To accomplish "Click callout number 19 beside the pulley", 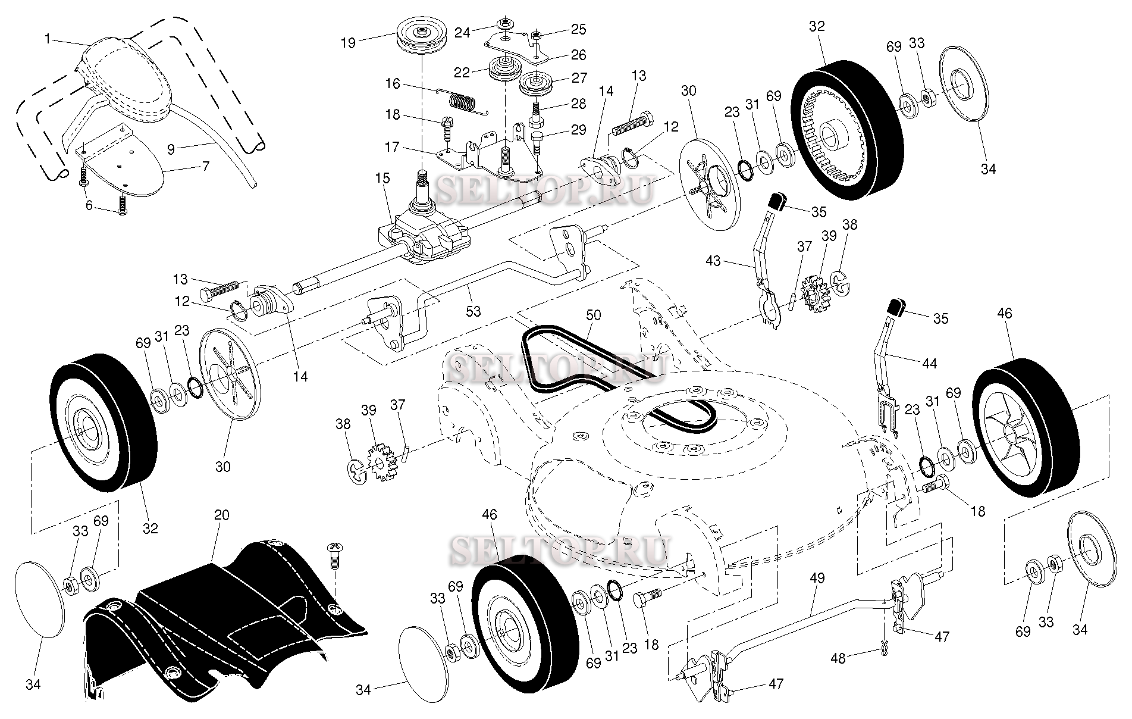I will tap(348, 42).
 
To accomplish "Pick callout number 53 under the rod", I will tap(474, 310).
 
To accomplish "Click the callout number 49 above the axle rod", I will tap(817, 578).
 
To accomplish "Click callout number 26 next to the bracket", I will tap(578, 55).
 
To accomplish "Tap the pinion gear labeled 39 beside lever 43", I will tap(813, 293).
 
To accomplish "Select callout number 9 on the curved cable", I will tap(171, 149).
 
